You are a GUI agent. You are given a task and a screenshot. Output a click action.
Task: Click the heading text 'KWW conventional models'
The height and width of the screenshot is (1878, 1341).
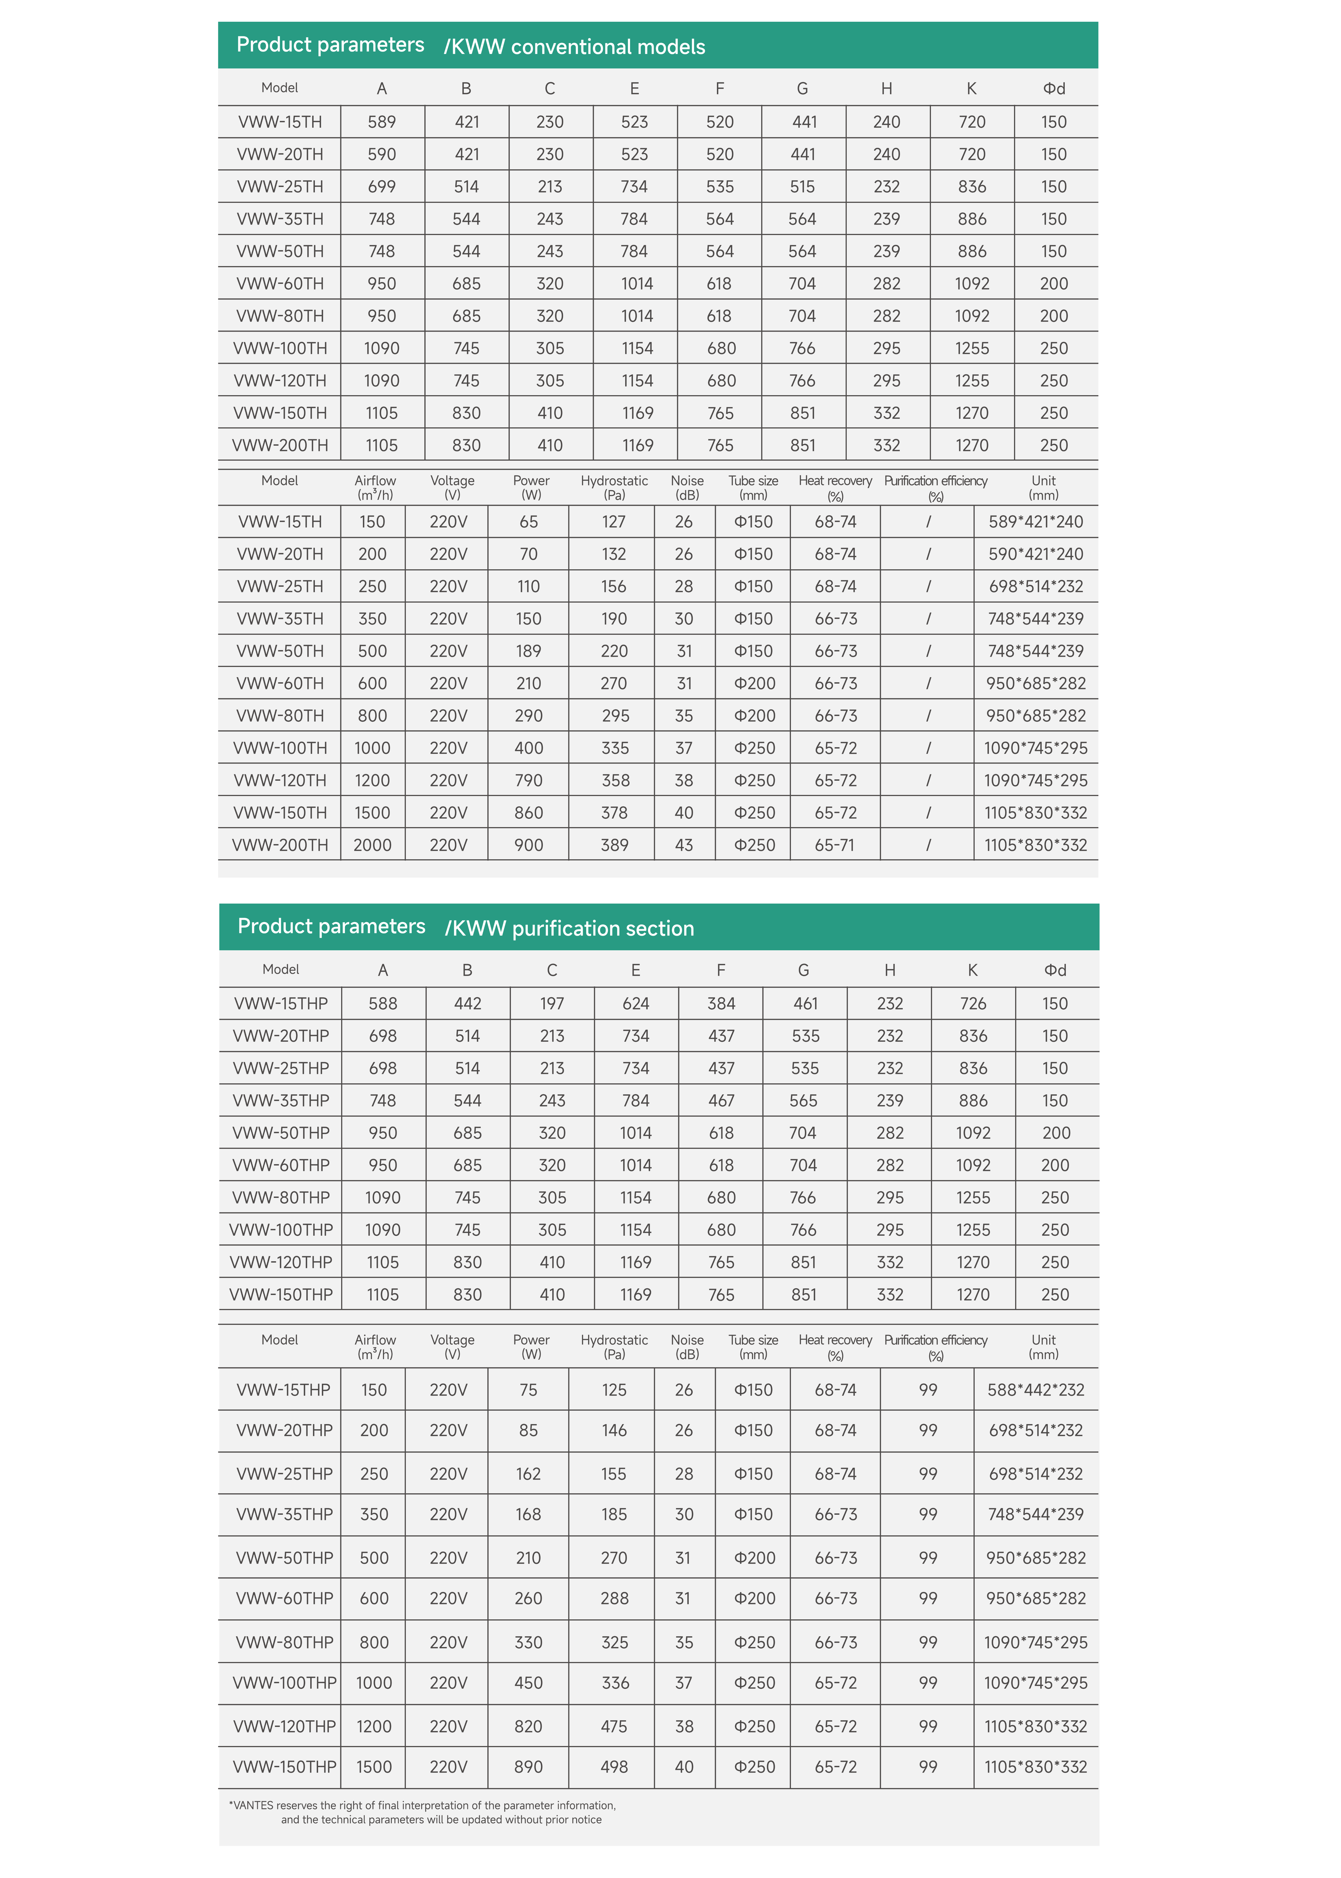(x=578, y=47)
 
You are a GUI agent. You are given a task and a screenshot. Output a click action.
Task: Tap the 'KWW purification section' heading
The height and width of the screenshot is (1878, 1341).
(x=573, y=928)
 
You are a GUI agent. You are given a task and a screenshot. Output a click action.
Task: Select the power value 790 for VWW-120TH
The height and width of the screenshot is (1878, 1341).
(x=528, y=780)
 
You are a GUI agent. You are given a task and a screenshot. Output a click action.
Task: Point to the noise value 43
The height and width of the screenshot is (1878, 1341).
(x=684, y=845)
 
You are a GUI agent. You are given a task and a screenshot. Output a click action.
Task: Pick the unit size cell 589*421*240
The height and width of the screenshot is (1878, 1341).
(x=1036, y=522)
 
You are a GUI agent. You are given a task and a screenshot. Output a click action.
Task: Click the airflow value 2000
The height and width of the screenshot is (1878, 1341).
(x=373, y=845)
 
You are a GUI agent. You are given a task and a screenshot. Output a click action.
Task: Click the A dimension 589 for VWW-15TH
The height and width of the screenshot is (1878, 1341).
(x=381, y=122)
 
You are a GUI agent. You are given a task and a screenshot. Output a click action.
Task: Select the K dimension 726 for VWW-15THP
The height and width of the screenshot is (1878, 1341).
(x=973, y=1003)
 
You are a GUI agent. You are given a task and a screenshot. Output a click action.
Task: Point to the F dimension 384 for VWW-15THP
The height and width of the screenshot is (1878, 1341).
(x=721, y=1003)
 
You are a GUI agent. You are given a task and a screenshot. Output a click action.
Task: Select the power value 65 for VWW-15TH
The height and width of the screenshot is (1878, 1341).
(x=528, y=522)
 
